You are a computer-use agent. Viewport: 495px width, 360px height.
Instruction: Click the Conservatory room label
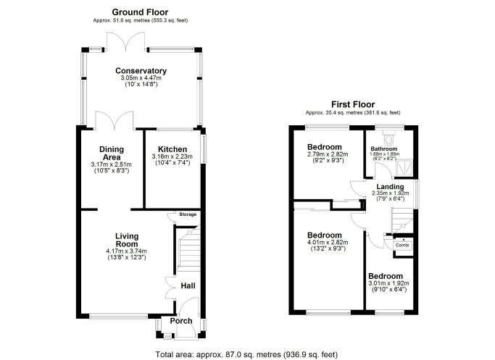pos(141,71)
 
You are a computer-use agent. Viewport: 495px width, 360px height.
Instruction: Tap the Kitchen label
pos(172,149)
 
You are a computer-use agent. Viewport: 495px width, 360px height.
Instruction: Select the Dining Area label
pos(112,153)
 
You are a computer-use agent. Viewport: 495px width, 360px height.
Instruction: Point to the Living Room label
pos(127,240)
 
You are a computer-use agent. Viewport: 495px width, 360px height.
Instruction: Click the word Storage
pos(188,214)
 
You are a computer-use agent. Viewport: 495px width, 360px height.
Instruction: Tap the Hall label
pos(188,286)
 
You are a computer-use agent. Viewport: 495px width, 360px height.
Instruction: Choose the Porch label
pos(181,321)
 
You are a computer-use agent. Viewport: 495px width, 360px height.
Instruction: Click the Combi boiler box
pos(402,245)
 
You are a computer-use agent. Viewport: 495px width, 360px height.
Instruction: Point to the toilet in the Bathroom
pos(388,138)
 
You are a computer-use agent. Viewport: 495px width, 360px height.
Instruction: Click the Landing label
pos(390,186)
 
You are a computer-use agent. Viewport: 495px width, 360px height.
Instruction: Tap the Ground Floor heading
pos(140,12)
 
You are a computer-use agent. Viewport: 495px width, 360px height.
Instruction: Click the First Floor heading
pos(353,104)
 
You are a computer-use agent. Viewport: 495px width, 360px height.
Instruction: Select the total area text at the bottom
pos(246,355)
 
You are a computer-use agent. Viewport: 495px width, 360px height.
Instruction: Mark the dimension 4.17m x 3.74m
pos(127,251)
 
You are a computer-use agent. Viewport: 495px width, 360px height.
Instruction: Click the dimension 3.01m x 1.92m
pos(388,283)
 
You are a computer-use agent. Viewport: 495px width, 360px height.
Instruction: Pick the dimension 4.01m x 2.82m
pos(328,243)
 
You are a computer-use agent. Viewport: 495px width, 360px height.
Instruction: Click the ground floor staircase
pos(188,249)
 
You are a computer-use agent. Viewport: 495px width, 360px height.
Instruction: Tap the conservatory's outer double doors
pos(125,41)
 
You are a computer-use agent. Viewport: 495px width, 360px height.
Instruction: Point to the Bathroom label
pos(384,148)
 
